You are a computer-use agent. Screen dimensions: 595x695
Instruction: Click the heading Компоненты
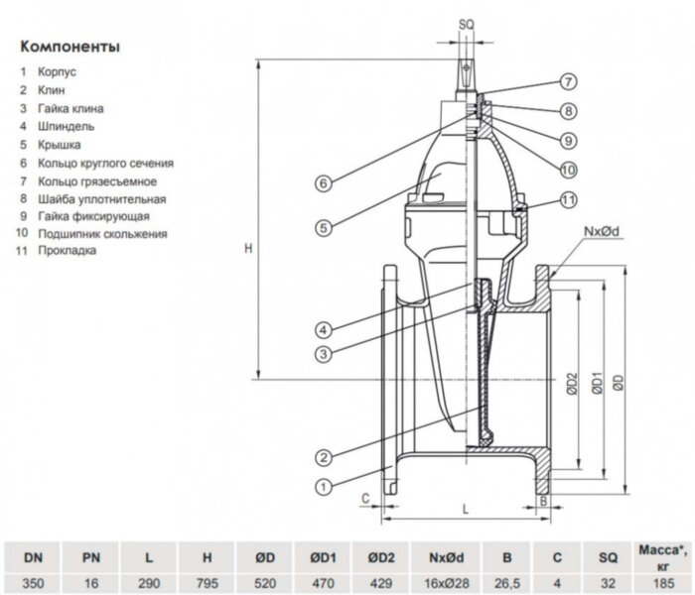(x=70, y=47)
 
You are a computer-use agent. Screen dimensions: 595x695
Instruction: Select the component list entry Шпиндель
(x=68, y=126)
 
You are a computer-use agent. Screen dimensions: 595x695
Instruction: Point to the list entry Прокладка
(x=69, y=252)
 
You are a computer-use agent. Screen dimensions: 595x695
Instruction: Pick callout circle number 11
(x=568, y=199)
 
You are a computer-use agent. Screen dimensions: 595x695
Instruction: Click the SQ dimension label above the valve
(x=467, y=22)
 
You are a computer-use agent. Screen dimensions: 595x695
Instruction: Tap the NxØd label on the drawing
(x=602, y=231)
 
